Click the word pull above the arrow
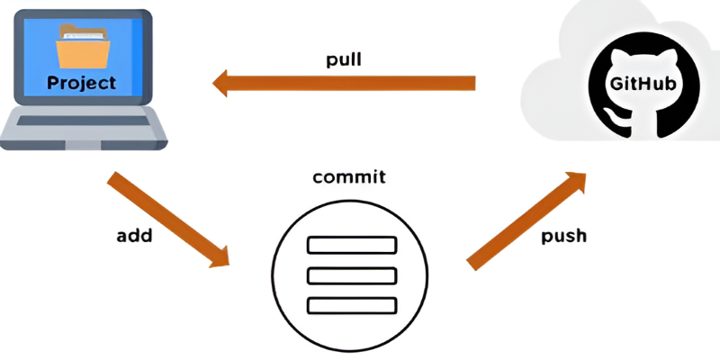344,60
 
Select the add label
134,236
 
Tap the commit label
349,177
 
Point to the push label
564,237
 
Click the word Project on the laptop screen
82,83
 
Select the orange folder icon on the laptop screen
83,47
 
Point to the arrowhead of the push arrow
576,182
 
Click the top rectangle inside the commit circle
352,245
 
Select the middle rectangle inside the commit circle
352,275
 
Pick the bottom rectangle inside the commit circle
352,306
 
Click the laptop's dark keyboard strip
83,121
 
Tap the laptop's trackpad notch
83,146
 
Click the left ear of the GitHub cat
616,58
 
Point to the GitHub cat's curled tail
614,118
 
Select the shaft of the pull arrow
351,83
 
